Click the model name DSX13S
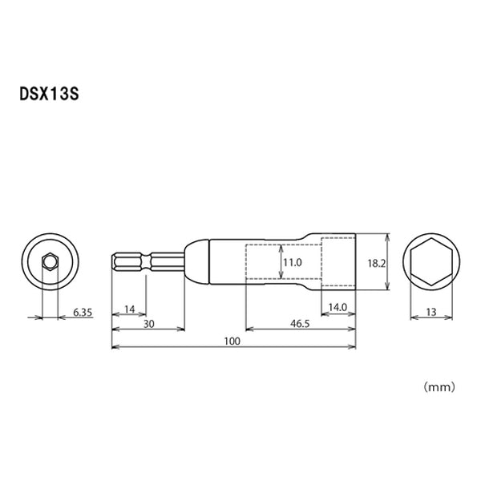pyautogui.click(x=50, y=94)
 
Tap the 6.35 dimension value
pyautogui.click(x=83, y=313)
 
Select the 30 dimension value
pyautogui.click(x=149, y=324)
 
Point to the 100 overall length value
pyautogui.click(x=232, y=342)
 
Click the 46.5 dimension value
pyautogui.click(x=300, y=324)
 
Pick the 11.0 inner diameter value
pyautogui.click(x=293, y=263)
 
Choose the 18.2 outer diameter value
pyautogui.click(x=377, y=263)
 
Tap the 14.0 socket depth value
pyautogui.click(x=338, y=307)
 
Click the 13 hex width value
pyautogui.click(x=431, y=313)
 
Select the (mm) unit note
pyautogui.click(x=439, y=387)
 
